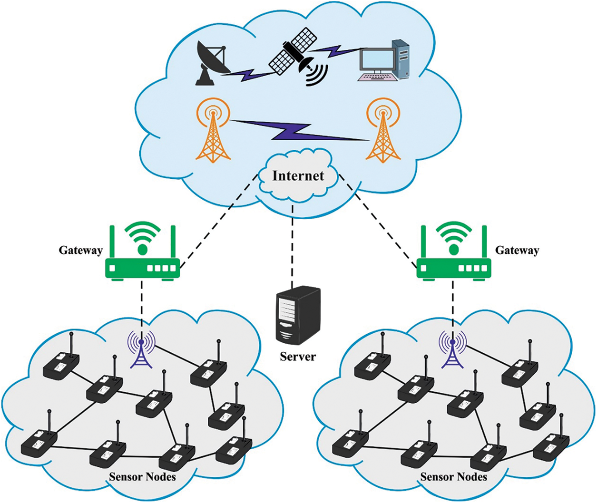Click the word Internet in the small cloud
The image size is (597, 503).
tap(298, 175)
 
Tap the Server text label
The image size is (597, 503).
tap(298, 356)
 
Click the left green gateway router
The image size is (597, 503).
tap(142, 266)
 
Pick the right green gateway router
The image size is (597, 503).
tap(454, 266)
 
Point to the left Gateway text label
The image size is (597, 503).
tap(80, 250)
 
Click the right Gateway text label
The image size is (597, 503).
tap(517, 250)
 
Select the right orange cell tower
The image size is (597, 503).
tap(383, 132)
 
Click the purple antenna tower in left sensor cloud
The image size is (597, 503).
tap(141, 349)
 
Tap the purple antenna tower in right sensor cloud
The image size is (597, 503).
tap(452, 349)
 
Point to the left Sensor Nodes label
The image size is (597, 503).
tap(142, 476)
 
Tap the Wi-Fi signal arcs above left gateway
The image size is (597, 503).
tap(142, 233)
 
